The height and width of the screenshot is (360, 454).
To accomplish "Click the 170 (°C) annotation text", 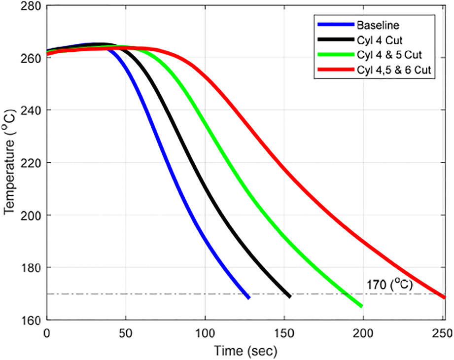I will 389,285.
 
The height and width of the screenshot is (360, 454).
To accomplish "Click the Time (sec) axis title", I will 245,351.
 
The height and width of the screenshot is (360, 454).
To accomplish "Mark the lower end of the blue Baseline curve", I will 248,297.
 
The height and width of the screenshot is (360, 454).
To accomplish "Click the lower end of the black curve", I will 289,296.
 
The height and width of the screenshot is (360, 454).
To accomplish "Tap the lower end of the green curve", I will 361,306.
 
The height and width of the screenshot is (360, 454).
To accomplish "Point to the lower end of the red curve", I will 444,297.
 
